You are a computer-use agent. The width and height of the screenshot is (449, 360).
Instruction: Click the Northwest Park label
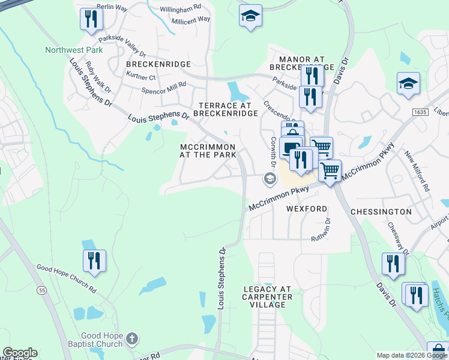coord(74,50)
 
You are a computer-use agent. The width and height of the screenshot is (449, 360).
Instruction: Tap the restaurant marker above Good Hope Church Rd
coord(94,261)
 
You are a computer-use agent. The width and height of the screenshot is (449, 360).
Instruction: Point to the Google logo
coord(20,353)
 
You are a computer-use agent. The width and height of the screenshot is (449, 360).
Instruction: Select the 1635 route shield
coord(420,112)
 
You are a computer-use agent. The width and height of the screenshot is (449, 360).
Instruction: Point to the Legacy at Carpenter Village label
coord(267,296)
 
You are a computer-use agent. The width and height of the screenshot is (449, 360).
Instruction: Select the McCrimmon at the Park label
coord(208,150)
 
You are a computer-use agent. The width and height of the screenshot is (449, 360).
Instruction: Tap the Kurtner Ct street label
coord(141,77)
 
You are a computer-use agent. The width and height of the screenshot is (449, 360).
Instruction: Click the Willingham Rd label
coord(181,10)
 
